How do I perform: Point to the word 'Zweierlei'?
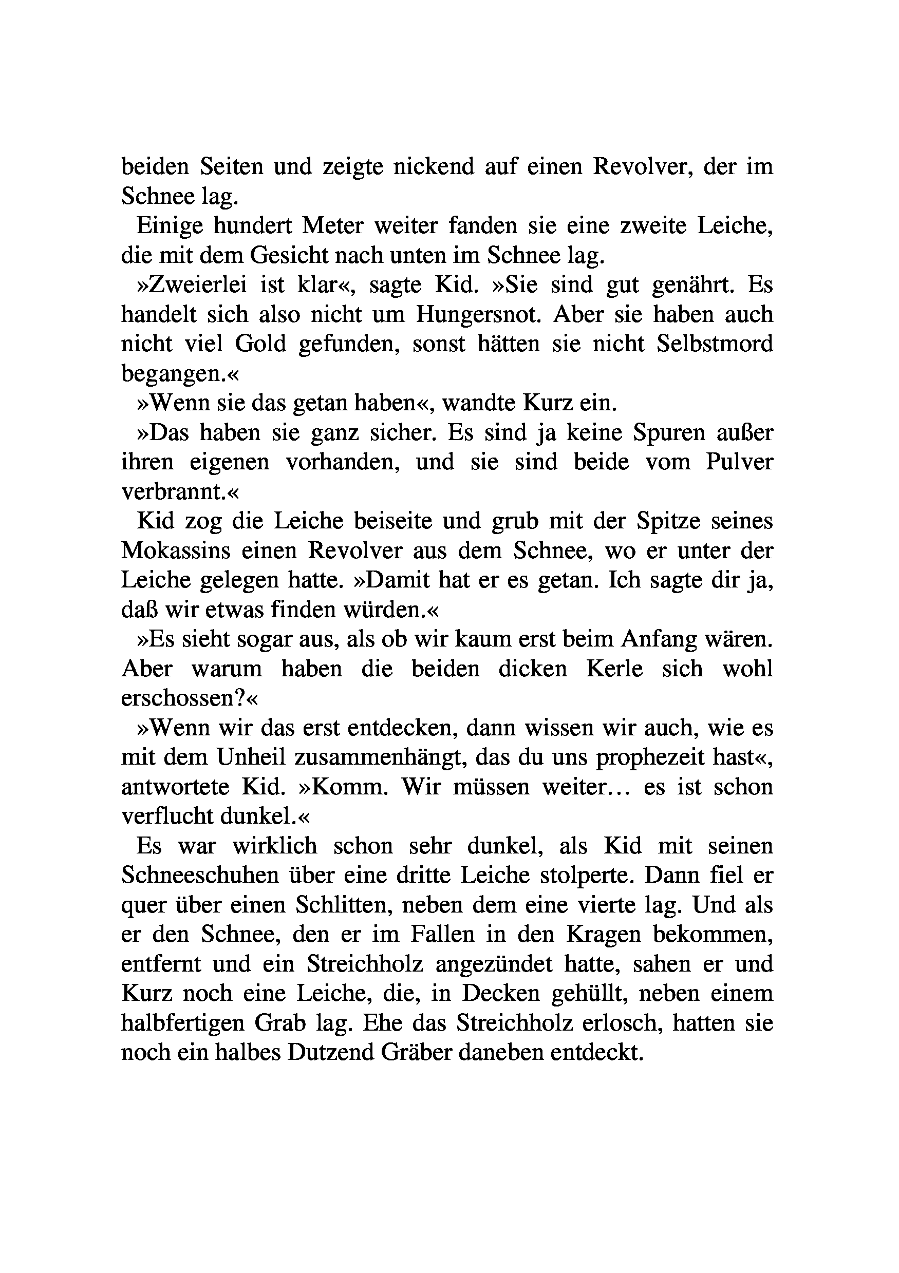tap(197, 285)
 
